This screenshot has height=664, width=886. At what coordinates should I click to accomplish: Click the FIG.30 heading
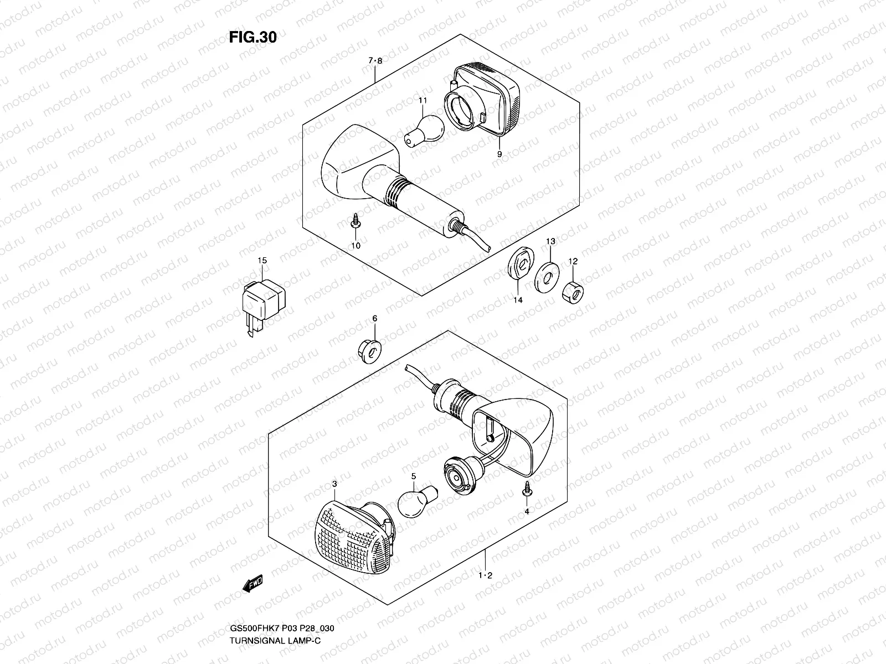tap(253, 37)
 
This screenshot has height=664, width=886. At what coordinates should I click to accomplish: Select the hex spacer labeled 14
tap(519, 263)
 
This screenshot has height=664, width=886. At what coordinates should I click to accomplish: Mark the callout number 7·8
tap(375, 61)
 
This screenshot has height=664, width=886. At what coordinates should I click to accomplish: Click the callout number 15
tap(261, 260)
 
